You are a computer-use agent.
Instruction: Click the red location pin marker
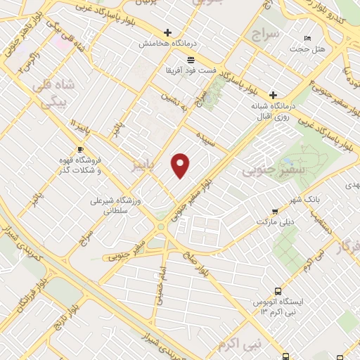click(181, 165)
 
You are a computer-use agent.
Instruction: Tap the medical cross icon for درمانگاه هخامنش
click(167, 32)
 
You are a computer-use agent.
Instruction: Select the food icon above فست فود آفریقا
click(191, 58)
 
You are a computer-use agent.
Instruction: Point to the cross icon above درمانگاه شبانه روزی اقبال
click(273, 95)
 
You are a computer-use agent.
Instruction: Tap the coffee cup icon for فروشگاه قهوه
click(79, 149)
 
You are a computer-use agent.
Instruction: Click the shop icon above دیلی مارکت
click(274, 210)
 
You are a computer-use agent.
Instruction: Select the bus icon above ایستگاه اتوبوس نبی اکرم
click(278, 290)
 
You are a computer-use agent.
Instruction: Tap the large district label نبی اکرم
click(239, 344)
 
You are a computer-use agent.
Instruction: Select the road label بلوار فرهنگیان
click(27, 296)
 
